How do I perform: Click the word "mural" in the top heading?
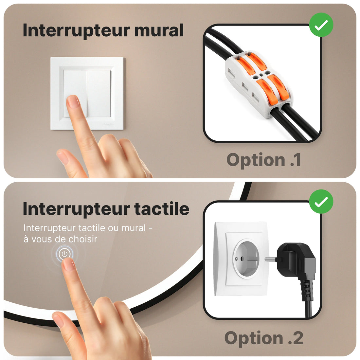pyautogui.click(x=159, y=30)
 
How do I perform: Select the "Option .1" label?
pyautogui.click(x=263, y=160)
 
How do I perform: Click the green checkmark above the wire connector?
pyautogui.click(x=321, y=25)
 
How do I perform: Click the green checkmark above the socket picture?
pyautogui.click(x=321, y=202)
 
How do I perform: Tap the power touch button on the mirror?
pyautogui.click(x=64, y=253)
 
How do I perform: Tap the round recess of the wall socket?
pyautogui.click(x=246, y=258)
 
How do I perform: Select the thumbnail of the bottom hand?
pyautogui.click(x=58, y=320)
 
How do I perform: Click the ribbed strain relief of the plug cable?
pyautogui.click(x=307, y=290)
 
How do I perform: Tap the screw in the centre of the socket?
pyautogui.click(x=236, y=259)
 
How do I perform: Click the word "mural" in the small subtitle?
pyautogui.click(x=134, y=228)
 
